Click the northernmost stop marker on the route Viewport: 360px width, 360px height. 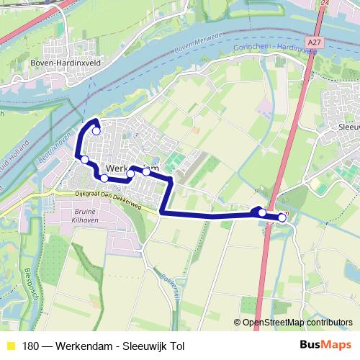tap(96, 131)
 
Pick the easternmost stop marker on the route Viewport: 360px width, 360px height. tap(282, 218)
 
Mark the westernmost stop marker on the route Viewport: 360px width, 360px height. tap(84, 159)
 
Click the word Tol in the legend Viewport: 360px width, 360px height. tap(176, 346)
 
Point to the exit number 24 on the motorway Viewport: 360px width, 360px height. tap(325, 3)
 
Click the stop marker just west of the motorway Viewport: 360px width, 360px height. tap(262, 212)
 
